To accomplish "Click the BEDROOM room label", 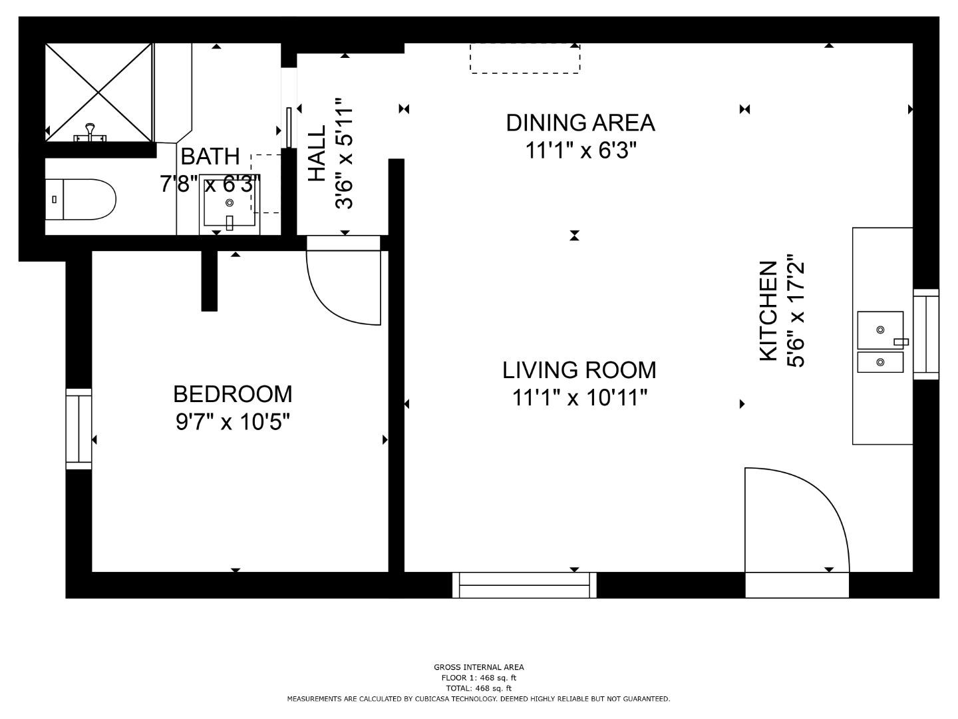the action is (x=233, y=394).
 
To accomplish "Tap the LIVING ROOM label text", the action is (x=579, y=370).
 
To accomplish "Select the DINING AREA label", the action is (x=581, y=122).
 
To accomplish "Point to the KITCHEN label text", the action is (x=769, y=311).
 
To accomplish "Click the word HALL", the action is (x=317, y=153).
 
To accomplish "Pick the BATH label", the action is (x=210, y=156).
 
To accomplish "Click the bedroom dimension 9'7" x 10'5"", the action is (x=233, y=421).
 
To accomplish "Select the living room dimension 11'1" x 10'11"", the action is (x=579, y=397).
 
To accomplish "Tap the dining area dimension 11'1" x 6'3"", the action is (x=581, y=150).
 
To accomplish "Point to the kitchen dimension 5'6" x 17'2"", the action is (x=796, y=311).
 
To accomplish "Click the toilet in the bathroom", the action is (x=80, y=200).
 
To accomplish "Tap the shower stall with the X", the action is (x=98, y=93).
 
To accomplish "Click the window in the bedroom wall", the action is (x=79, y=429).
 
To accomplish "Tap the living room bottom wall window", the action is (x=524, y=585).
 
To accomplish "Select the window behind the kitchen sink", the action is (x=926, y=334).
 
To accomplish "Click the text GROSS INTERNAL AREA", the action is (x=479, y=666).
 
